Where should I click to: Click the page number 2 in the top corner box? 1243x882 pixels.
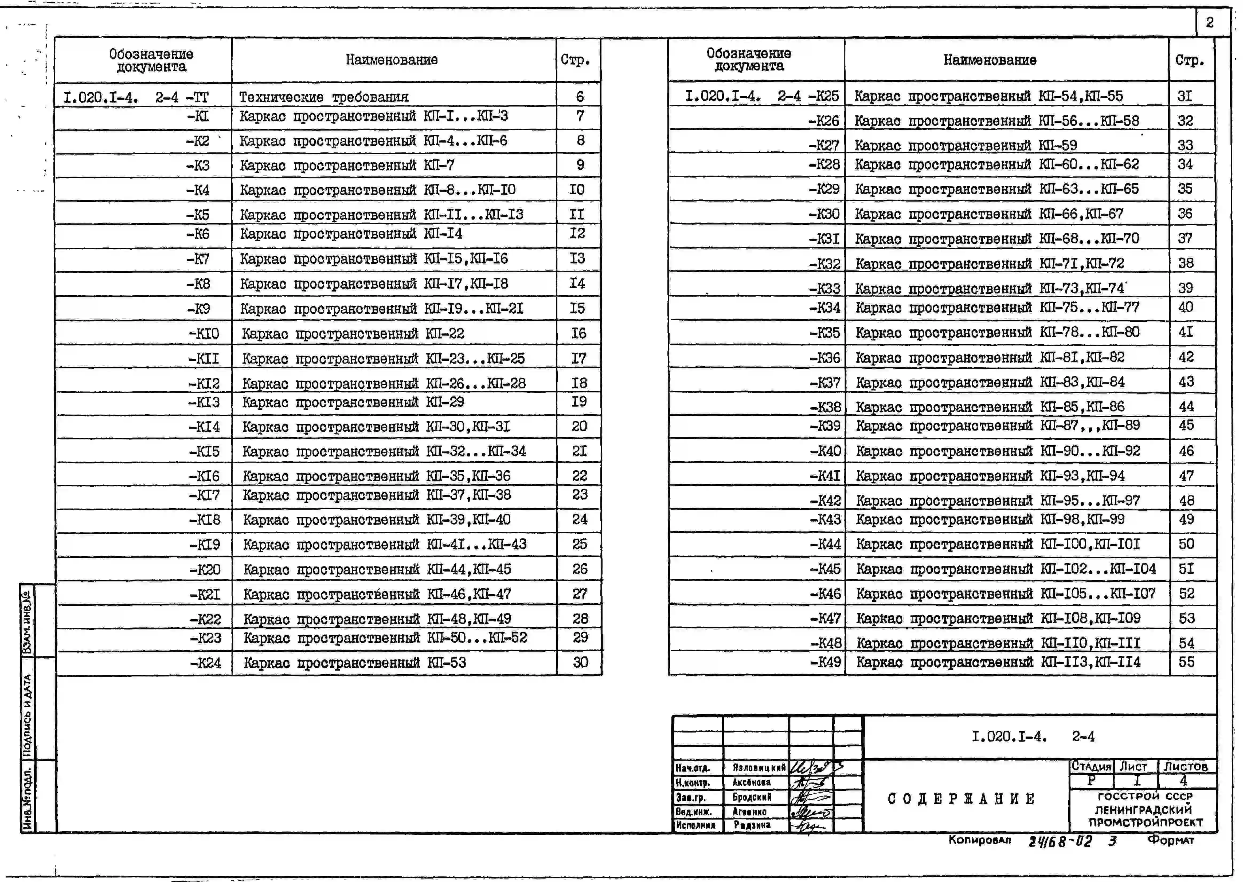click(x=1209, y=22)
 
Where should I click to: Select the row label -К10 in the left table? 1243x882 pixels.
click(x=204, y=333)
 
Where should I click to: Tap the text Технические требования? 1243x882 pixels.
click(x=324, y=97)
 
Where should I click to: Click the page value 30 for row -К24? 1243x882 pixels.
click(x=580, y=663)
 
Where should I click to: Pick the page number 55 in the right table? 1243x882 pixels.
click(x=1186, y=662)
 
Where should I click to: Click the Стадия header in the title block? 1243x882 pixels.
click(x=1091, y=766)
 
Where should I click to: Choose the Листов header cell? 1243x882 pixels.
click(x=1185, y=766)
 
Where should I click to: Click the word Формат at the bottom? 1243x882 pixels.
click(x=1171, y=840)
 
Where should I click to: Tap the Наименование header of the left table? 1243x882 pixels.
click(x=392, y=60)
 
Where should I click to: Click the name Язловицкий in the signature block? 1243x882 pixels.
click(x=759, y=767)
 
